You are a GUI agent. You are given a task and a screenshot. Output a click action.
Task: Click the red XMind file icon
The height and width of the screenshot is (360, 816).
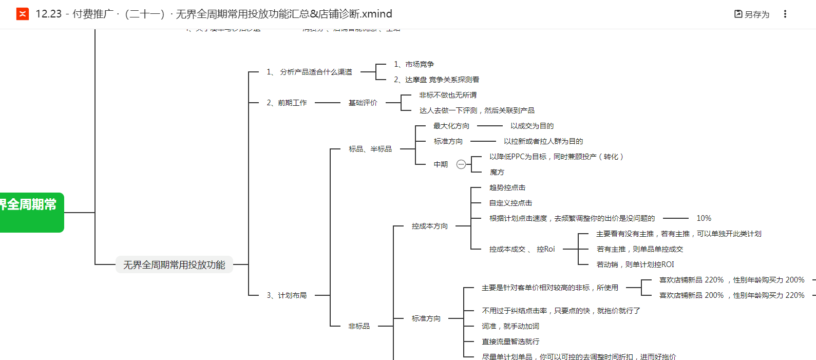click(23, 14)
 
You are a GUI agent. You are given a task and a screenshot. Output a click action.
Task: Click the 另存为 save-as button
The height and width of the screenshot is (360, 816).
click(752, 14)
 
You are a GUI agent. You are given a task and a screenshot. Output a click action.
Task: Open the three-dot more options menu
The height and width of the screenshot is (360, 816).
click(785, 14)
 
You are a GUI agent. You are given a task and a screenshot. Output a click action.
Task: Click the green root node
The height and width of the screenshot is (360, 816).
click(31, 212)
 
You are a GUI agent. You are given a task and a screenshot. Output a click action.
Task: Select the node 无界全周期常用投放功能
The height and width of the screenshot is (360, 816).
click(174, 265)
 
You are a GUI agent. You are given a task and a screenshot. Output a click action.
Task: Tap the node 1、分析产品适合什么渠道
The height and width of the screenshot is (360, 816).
click(309, 72)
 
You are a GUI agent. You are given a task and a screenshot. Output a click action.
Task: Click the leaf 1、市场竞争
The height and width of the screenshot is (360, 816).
click(414, 64)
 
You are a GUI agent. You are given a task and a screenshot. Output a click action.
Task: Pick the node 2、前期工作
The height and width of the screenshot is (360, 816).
click(287, 103)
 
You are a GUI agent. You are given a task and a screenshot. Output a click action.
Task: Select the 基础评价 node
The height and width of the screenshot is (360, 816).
click(363, 103)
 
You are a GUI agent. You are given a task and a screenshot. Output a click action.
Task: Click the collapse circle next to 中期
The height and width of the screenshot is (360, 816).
click(461, 164)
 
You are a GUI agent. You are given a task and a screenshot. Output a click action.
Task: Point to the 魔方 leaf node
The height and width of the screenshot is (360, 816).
click(497, 172)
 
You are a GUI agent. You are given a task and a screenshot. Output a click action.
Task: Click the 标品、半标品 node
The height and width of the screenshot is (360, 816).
click(370, 149)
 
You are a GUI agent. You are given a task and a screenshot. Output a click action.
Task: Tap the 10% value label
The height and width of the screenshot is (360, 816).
click(704, 218)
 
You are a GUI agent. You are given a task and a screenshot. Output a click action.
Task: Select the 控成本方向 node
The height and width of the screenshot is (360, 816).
click(429, 226)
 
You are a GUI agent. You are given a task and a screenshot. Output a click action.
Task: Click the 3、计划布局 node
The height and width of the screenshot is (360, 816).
click(287, 295)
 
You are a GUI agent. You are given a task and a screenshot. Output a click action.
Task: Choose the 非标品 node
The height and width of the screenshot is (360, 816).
click(358, 326)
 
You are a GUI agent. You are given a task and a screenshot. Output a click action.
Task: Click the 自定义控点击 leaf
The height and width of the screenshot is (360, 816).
click(510, 203)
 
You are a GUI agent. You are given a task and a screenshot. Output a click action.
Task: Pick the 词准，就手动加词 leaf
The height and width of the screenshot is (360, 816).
click(510, 326)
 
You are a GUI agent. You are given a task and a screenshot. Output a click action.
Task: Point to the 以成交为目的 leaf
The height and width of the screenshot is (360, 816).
click(532, 126)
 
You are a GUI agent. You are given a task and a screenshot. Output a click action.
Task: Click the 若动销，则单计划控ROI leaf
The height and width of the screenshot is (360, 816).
click(635, 264)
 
